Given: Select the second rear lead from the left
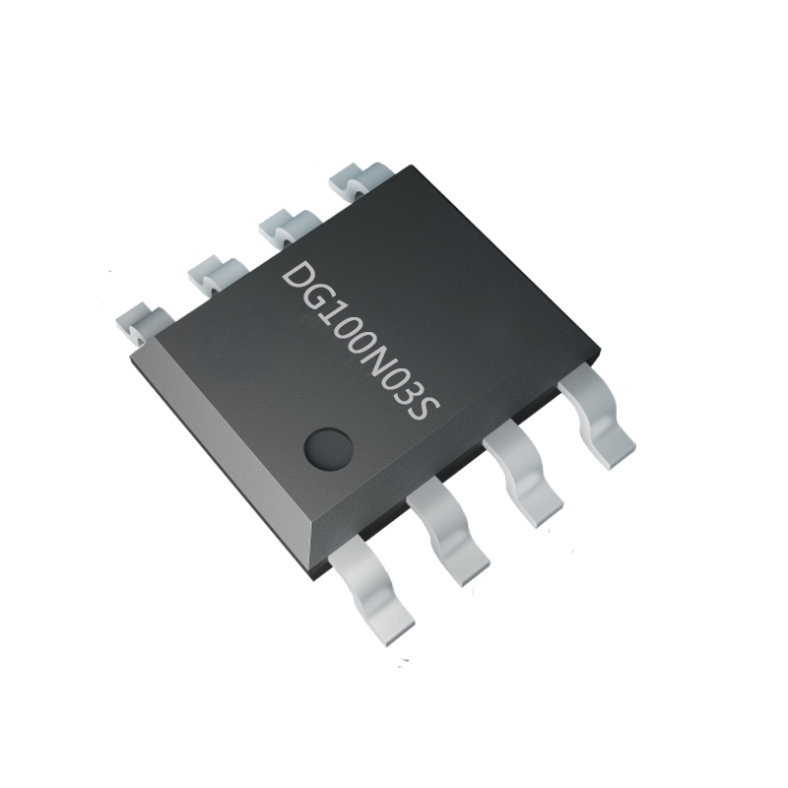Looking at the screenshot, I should [211, 271].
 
